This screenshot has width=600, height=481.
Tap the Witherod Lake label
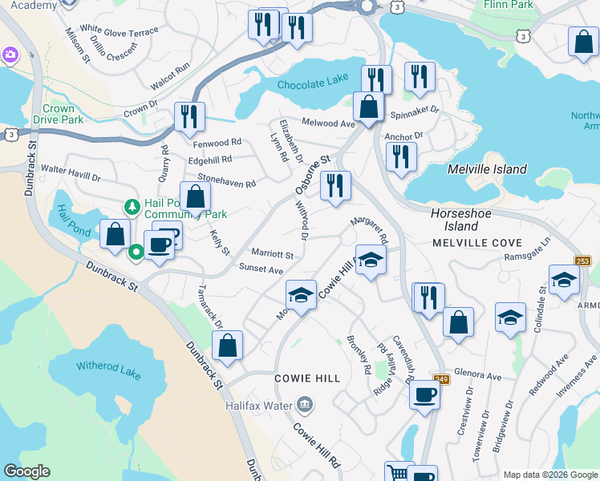pos(108,367)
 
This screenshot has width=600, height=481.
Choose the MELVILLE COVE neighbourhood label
pos(476,242)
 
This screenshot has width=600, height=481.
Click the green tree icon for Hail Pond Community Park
pos(132,208)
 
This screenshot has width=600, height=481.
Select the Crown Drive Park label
pos(58,114)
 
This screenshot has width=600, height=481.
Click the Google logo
pos(26,471)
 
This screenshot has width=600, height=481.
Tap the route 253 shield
pos(583,261)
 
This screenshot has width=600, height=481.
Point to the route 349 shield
pos(440,378)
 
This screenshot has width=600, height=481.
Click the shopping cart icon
pos(395,472)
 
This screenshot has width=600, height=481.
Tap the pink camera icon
pos(10,55)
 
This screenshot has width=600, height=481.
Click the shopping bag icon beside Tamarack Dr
pos(228,346)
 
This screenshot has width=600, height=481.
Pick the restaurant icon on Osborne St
pos(335,185)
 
